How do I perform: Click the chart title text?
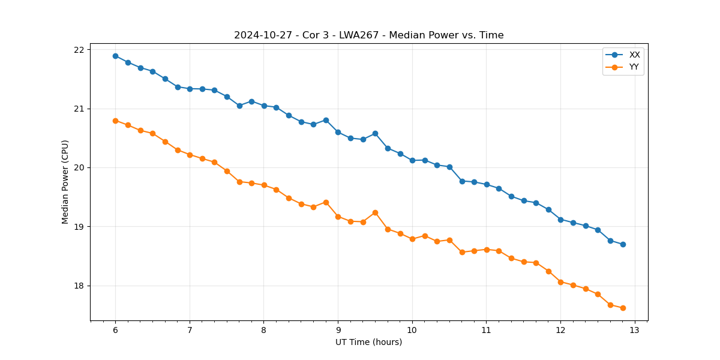[x=368, y=35]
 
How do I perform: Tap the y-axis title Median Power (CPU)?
[x=65, y=182]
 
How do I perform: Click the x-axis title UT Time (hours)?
[x=368, y=342]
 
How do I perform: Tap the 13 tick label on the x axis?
[x=635, y=330]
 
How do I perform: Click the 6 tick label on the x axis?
[x=115, y=330]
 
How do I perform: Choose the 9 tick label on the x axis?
[x=338, y=330]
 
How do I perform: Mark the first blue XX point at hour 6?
[x=115, y=56]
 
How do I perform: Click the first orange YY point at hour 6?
[x=115, y=121]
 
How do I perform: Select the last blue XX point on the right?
[x=623, y=244]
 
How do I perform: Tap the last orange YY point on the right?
[x=623, y=308]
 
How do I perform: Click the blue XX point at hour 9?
[x=338, y=132]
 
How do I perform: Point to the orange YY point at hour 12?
[x=560, y=282]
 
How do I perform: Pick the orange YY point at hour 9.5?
[x=375, y=212]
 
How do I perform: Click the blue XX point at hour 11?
[x=487, y=184]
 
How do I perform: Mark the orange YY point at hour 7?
[x=190, y=155]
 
